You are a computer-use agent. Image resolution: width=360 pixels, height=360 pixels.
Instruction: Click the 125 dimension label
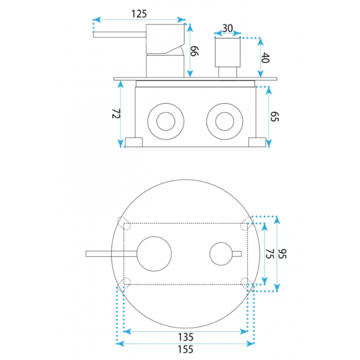(x=139, y=14)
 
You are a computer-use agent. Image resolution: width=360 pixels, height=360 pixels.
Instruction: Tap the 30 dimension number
(x=227, y=28)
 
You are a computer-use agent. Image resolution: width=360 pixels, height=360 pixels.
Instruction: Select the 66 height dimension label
(x=194, y=51)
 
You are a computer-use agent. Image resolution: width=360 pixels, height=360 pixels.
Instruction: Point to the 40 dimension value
(x=265, y=58)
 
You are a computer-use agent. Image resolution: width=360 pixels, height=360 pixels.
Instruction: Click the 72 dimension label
(x=116, y=113)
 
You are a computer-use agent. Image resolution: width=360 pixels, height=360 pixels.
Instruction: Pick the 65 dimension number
(x=274, y=116)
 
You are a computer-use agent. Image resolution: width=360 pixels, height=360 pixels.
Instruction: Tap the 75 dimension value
(x=270, y=254)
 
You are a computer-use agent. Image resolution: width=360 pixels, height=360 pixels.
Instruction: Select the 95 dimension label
(x=283, y=254)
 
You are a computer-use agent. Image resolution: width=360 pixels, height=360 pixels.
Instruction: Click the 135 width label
(x=186, y=337)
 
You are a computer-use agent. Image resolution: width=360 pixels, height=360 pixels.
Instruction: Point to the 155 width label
(x=186, y=349)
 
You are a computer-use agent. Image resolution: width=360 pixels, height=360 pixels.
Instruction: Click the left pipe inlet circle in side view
(x=166, y=121)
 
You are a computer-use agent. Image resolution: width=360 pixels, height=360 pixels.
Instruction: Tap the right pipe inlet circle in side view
(x=225, y=121)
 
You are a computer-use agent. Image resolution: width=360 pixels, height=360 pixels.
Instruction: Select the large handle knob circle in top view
(x=154, y=254)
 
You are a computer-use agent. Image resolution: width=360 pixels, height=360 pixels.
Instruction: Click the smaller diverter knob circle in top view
(x=221, y=254)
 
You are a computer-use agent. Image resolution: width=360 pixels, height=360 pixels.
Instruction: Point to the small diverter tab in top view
(x=237, y=254)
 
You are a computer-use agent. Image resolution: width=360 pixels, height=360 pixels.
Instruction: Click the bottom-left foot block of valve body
(x=134, y=142)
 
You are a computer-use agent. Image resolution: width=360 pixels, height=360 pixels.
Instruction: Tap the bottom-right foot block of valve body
(x=257, y=142)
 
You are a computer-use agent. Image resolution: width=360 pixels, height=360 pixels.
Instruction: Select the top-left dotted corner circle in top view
(x=124, y=223)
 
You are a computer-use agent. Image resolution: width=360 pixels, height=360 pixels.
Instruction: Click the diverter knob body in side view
(x=227, y=52)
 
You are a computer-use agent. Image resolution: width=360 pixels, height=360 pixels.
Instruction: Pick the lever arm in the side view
(x=119, y=35)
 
